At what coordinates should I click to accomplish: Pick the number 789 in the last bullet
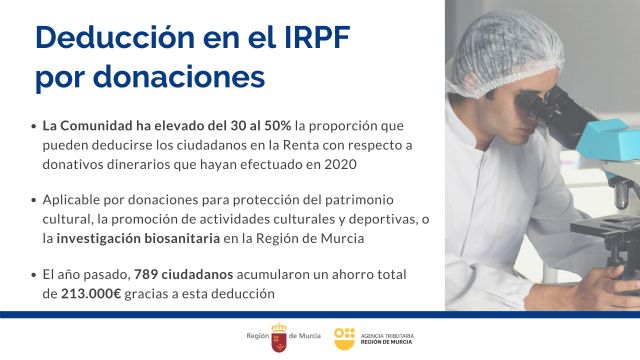[x=146, y=274]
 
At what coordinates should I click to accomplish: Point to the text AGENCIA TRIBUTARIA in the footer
[x=386, y=333]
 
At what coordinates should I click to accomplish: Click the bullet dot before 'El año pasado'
[x=35, y=274]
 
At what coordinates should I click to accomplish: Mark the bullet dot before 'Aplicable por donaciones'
[x=35, y=201]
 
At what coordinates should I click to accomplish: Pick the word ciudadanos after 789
[x=199, y=274]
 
